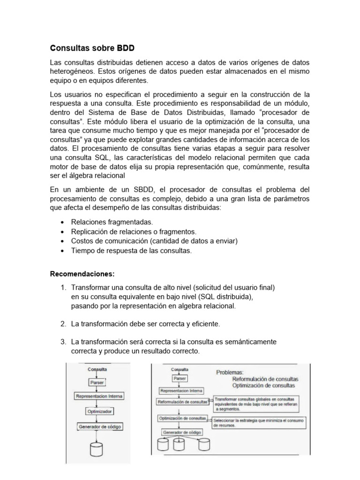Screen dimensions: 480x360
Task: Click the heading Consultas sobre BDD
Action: pyautogui.click(x=92, y=48)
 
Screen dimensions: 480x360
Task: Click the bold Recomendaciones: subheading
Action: pyautogui.click(x=82, y=273)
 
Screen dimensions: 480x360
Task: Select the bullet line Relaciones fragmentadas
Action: pyautogui.click(x=112, y=222)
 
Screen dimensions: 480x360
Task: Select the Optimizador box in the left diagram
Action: pyautogui.click(x=99, y=411)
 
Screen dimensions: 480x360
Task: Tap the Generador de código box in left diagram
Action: pyautogui.click(x=99, y=426)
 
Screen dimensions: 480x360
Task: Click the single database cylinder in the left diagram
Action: pyautogui.click(x=97, y=449)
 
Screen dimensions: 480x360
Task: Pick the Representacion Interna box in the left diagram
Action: pyautogui.click(x=99, y=397)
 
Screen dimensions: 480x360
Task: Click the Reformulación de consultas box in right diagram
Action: pyautogui.click(x=183, y=402)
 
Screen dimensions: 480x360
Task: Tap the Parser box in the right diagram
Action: pyautogui.click(x=180, y=378)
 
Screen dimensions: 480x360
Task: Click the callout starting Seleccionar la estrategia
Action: pyautogui.click(x=259, y=423)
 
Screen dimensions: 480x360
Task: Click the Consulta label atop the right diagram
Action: pyautogui.click(x=180, y=369)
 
